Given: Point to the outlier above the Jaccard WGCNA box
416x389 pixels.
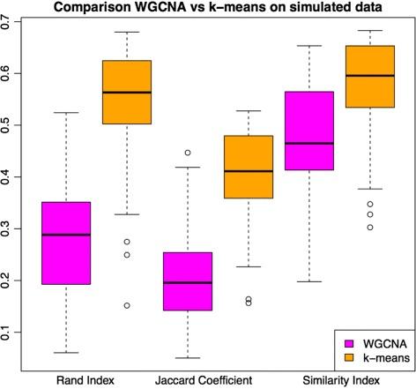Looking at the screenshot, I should pyautogui.click(x=188, y=153).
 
